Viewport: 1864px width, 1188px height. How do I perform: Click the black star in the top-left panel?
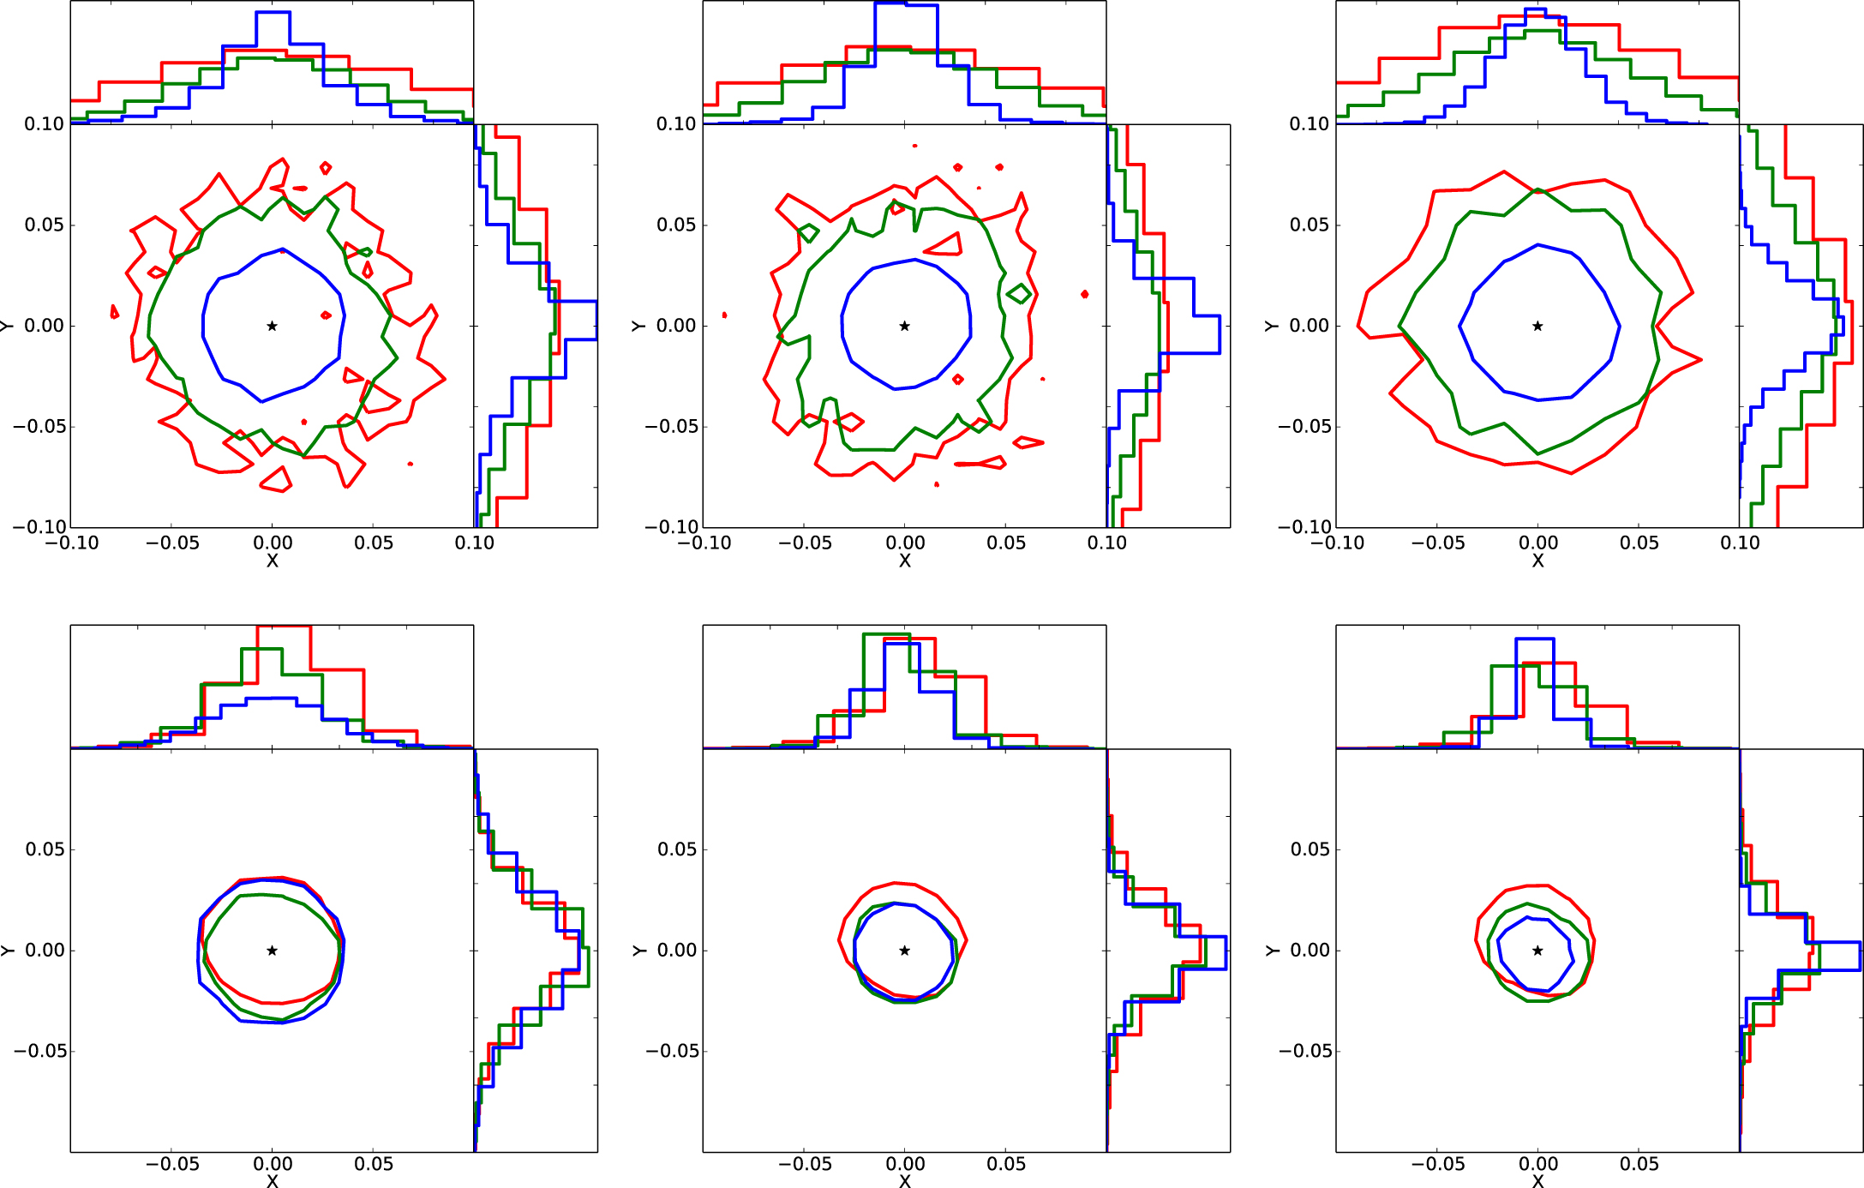[272, 326]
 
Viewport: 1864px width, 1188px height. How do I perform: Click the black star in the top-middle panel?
[904, 326]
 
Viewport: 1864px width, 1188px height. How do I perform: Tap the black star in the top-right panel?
[1537, 326]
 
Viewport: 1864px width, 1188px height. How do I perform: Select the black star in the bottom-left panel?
[272, 950]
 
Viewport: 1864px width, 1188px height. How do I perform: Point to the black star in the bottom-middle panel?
[904, 950]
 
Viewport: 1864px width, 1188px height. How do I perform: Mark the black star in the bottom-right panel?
[1537, 950]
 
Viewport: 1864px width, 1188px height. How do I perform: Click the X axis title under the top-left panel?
[272, 561]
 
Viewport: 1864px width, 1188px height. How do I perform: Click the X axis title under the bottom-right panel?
[1537, 1180]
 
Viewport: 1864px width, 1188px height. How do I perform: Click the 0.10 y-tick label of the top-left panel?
[44, 124]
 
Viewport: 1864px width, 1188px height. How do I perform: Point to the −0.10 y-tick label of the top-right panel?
[1304, 526]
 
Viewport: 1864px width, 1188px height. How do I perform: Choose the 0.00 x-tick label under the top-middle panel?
[904, 543]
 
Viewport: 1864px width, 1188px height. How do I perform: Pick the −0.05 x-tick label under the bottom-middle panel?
[804, 1164]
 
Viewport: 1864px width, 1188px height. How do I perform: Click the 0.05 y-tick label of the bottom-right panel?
[1310, 849]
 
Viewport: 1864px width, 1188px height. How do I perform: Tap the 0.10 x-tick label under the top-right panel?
[1739, 543]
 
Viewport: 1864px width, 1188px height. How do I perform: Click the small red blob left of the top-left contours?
[114, 312]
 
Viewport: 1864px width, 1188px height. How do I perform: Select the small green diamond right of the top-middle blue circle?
[1019, 294]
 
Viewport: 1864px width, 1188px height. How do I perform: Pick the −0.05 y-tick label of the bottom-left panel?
[39, 1051]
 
